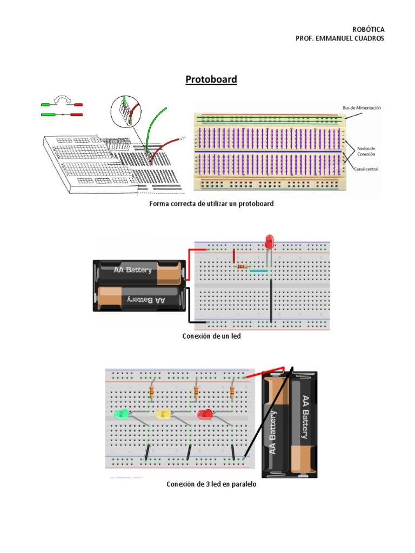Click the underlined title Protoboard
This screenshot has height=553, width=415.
tap(211, 80)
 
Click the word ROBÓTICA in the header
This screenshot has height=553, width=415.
tap(368, 29)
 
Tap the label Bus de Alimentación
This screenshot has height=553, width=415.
tap(362, 108)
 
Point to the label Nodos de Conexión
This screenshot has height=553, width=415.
tap(365, 151)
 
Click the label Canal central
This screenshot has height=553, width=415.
tap(366, 169)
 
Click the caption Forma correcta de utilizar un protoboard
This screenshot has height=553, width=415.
tap(212, 204)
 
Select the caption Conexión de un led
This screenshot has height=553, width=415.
tap(211, 336)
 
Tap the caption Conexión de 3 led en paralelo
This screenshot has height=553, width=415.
tap(211, 484)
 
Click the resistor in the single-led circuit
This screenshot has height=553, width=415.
tap(242, 266)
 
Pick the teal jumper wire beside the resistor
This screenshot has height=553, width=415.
tap(259, 271)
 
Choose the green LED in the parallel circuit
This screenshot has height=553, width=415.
tap(122, 414)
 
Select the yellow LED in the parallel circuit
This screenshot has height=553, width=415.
tap(163, 414)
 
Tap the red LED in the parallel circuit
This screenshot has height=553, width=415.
tap(205, 414)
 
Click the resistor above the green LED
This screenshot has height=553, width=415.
tap(152, 392)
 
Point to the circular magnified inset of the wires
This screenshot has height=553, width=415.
tap(125, 112)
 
